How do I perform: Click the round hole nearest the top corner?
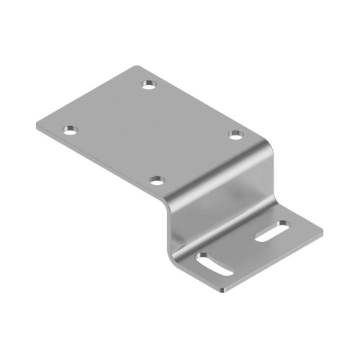point(149,85)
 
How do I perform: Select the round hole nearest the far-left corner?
point(69,130)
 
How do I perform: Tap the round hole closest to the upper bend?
point(235,134)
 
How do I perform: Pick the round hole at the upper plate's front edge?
point(158,179)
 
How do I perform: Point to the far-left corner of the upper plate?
point(36,127)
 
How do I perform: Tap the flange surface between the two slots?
point(245,248)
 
